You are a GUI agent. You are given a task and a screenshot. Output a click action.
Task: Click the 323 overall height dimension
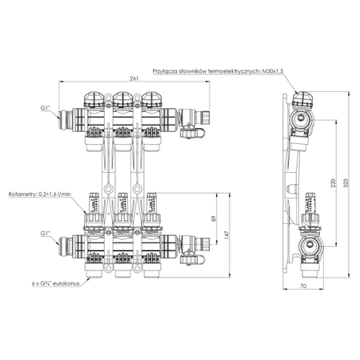(345, 183)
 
